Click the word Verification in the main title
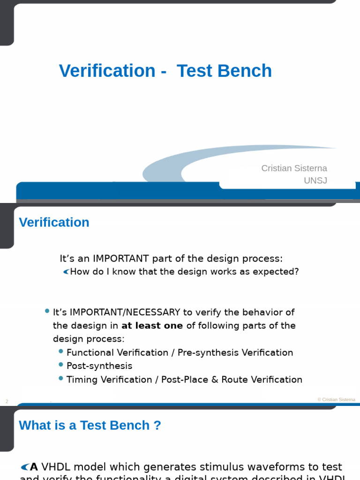click(x=107, y=71)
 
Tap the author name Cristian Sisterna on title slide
click(x=294, y=168)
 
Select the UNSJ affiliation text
click(x=315, y=180)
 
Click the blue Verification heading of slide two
click(x=54, y=222)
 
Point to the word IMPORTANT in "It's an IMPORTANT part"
click(x=120, y=259)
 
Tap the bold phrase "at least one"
click(x=152, y=326)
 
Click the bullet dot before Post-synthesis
click(x=61, y=364)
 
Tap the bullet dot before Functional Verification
click(x=61, y=351)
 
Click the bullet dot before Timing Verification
click(x=61, y=378)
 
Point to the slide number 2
click(x=7, y=401)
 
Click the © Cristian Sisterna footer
click(x=336, y=400)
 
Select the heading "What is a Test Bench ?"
click(x=90, y=425)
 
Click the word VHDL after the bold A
click(x=56, y=467)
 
